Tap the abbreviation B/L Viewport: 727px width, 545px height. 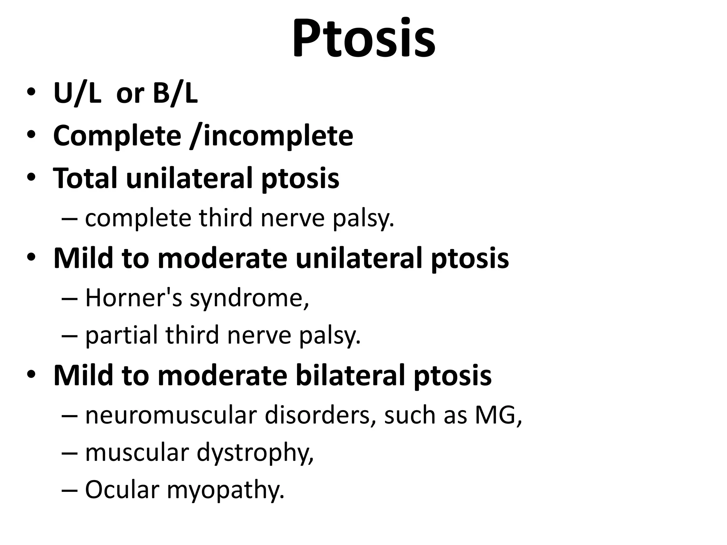[x=175, y=93]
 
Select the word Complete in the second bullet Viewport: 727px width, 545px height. [x=117, y=136]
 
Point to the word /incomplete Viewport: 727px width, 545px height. [x=272, y=136]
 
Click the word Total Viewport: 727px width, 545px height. [x=85, y=178]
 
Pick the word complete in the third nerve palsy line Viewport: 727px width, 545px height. [x=138, y=218]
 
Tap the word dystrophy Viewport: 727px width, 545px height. [x=255, y=453]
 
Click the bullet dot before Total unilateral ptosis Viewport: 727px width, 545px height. [x=31, y=177]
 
